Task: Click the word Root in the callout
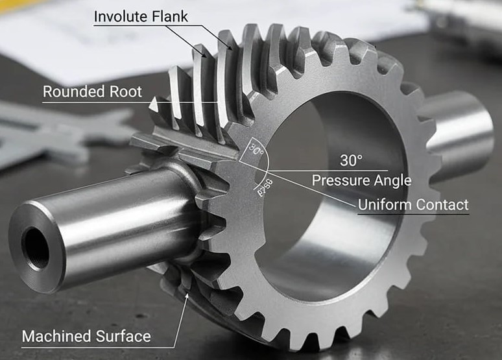[126, 92]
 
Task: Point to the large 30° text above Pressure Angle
[351, 160]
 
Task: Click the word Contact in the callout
[442, 205]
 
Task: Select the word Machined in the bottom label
[53, 337]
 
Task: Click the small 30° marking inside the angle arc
[257, 151]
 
